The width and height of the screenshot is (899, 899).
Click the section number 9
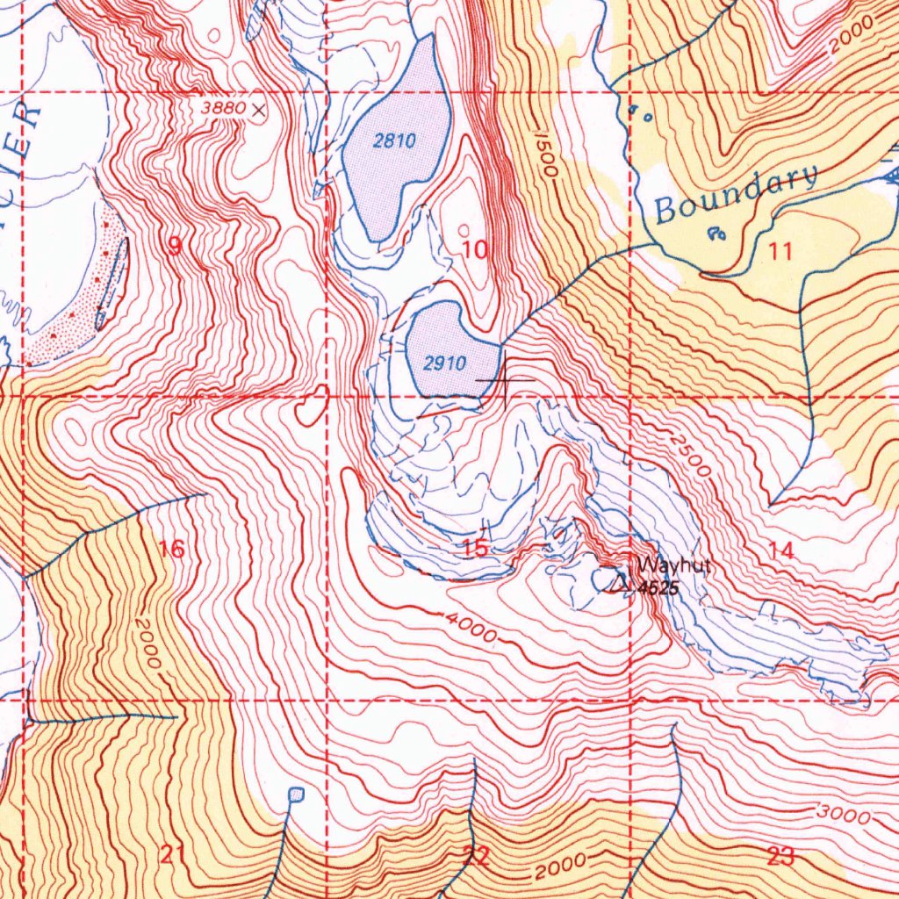click(175, 247)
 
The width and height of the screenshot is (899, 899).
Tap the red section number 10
click(475, 250)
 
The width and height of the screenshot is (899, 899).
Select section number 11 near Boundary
click(780, 252)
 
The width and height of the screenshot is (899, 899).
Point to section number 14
click(780, 550)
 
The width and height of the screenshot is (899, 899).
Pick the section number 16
click(172, 550)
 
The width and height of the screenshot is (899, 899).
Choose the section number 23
click(780, 857)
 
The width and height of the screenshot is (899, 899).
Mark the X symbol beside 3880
click(258, 110)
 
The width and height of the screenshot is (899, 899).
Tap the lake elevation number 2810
click(394, 140)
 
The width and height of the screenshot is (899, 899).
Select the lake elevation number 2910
click(444, 363)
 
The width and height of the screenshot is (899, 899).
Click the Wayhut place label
click(673, 566)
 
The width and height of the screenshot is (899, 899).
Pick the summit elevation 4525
click(658, 589)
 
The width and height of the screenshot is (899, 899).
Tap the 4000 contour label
click(471, 628)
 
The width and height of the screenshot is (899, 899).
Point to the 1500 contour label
click(543, 155)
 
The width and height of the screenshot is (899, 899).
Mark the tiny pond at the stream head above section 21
click(296, 795)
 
